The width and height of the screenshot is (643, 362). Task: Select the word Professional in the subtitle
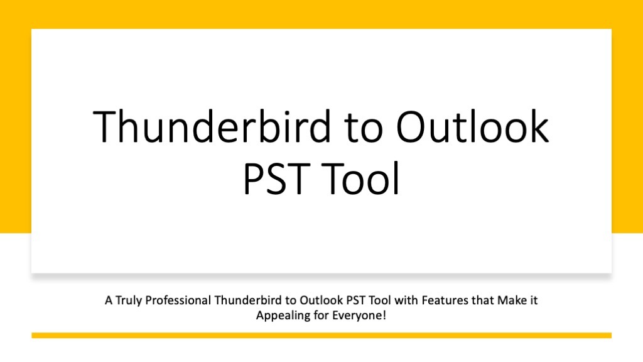click(x=178, y=301)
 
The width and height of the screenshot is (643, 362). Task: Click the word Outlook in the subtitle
click(x=311, y=301)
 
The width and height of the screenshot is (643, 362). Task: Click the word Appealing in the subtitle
click(x=279, y=315)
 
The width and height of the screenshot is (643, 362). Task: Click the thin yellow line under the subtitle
click(x=321, y=336)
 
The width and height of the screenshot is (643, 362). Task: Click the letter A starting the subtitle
click(x=108, y=301)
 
